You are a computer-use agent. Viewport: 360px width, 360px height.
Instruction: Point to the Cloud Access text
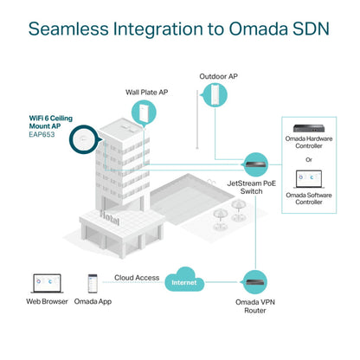click(136, 278)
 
